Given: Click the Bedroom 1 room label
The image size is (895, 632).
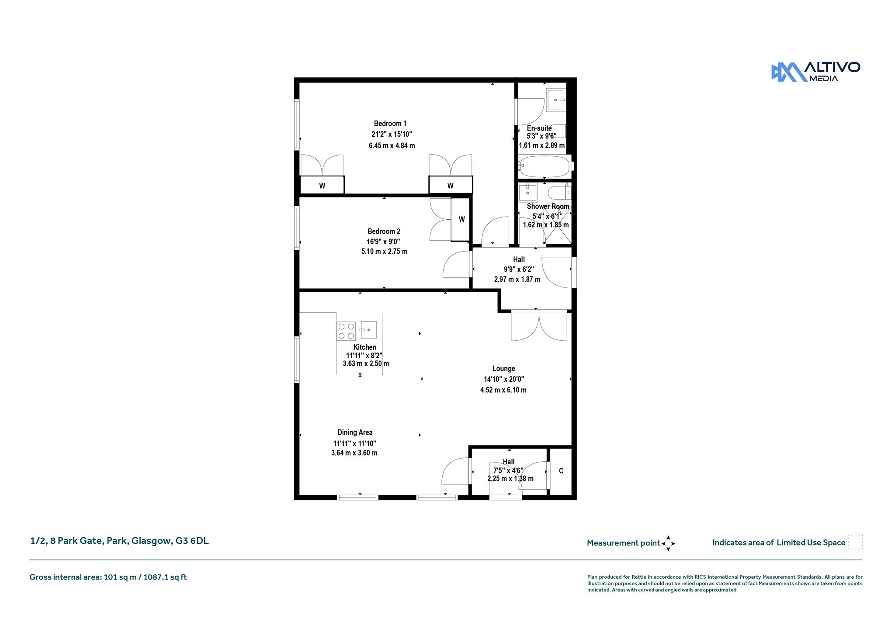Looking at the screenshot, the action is [x=390, y=124].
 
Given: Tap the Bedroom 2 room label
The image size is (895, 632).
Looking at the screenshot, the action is [x=384, y=231].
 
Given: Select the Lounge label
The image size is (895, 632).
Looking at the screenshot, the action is [x=503, y=369].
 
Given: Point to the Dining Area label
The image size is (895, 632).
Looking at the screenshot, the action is [x=355, y=432].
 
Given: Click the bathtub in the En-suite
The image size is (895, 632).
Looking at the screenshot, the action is [x=545, y=166].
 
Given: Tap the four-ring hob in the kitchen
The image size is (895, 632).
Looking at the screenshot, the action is [x=346, y=331].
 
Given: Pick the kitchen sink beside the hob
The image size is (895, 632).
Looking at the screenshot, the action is [x=368, y=330].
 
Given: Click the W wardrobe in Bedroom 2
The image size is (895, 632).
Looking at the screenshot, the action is [x=461, y=219].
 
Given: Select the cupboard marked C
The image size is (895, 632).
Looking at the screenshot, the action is [x=561, y=471].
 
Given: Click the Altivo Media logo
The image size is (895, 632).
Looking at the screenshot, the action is [x=815, y=72].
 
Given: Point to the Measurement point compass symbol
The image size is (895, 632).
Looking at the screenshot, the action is [x=668, y=543].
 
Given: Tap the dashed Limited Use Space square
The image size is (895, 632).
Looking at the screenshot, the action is [x=855, y=542].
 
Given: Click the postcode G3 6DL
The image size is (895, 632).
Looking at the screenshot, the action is [x=192, y=541].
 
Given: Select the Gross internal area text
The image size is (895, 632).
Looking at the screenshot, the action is [x=108, y=577].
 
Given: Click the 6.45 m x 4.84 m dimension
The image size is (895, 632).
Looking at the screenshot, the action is [x=392, y=145].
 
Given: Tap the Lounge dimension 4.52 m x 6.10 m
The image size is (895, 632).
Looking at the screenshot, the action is [x=503, y=390].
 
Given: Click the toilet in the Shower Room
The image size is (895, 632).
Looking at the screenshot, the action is [x=559, y=193].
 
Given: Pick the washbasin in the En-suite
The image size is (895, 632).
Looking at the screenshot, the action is [x=556, y=100].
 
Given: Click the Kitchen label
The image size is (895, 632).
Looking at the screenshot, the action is [x=365, y=347].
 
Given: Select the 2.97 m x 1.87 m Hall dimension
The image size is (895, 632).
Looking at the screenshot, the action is [x=517, y=279].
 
